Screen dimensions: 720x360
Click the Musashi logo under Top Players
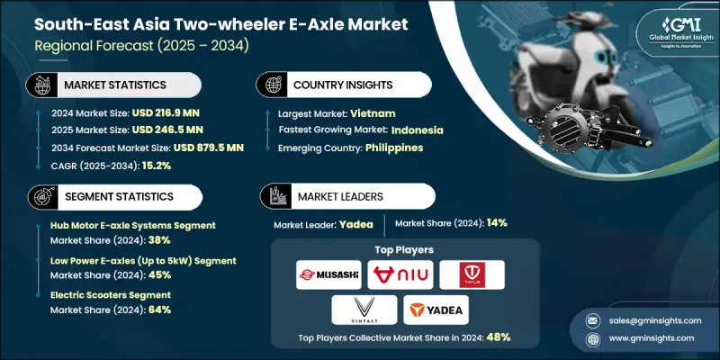click(328, 274)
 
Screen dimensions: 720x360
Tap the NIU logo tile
click(400, 274)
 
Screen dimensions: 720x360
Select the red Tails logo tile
click(472, 274)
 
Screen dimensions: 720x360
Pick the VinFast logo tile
click(364, 310)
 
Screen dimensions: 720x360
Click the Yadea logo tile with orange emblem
click(436, 310)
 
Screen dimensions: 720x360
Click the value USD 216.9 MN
click(166, 113)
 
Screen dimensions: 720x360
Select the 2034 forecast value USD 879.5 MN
click(209, 148)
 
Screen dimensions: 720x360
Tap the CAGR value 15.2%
click(156, 166)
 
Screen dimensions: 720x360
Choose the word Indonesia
click(418, 130)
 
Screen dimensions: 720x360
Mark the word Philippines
click(394, 148)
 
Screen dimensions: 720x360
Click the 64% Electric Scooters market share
click(160, 310)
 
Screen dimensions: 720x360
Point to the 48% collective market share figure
click(499, 337)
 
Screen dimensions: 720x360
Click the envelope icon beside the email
click(593, 321)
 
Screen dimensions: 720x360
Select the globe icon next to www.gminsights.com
click(593, 339)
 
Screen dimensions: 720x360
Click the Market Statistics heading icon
click(41, 85)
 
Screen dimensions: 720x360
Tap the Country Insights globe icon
click(272, 85)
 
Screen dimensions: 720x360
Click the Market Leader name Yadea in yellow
click(356, 224)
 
